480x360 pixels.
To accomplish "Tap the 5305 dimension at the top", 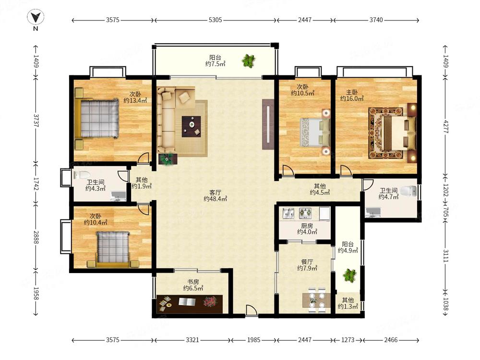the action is (215, 20).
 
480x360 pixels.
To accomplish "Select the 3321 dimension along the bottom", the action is (192, 340).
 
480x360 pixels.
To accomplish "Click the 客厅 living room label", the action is (215, 192).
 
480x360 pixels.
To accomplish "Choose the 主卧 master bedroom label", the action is (352, 92).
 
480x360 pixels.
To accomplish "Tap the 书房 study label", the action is (193, 282).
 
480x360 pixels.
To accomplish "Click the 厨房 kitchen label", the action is (307, 226).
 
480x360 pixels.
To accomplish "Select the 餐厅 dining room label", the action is (307, 262).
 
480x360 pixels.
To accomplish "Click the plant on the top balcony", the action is (249, 60).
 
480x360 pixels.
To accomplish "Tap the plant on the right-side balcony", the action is (349, 275).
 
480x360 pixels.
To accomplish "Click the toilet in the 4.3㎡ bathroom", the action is (80, 175).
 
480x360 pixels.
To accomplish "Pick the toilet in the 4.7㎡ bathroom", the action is (408, 192).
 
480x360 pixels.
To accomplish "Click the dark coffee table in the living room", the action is (192, 126).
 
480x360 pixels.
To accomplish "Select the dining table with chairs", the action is (316, 300).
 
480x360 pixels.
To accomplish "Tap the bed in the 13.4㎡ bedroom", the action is (97, 119).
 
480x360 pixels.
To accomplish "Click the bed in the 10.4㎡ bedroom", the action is (113, 249).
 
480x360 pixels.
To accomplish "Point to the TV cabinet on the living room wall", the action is (268, 124).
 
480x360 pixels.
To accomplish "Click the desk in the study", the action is (190, 304).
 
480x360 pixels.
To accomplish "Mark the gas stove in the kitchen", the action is (305, 212).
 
